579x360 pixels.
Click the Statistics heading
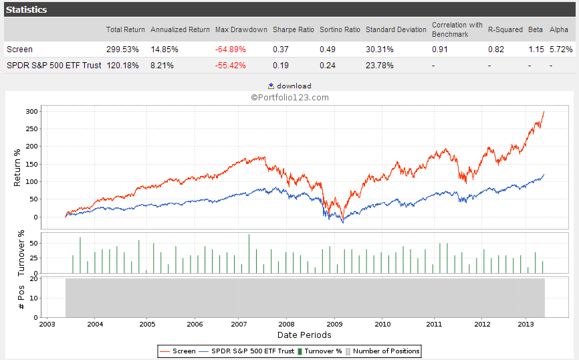pyautogui.click(x=27, y=10)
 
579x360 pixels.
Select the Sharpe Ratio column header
pyautogui.click(x=293, y=29)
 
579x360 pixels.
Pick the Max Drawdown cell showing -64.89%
pyautogui.click(x=230, y=50)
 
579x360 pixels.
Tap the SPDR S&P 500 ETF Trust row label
pyautogui.click(x=54, y=66)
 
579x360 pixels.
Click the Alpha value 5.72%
pyautogui.click(x=561, y=50)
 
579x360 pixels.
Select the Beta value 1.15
pyautogui.click(x=536, y=50)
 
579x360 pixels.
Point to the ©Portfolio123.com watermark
pyautogui.click(x=289, y=97)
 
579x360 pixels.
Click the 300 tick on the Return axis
pyautogui.click(x=31, y=111)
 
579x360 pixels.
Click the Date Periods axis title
pyautogui.click(x=304, y=335)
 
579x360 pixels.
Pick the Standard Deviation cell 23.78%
pyautogui.click(x=380, y=66)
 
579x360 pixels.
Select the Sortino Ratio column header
pyautogui.click(x=340, y=29)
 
